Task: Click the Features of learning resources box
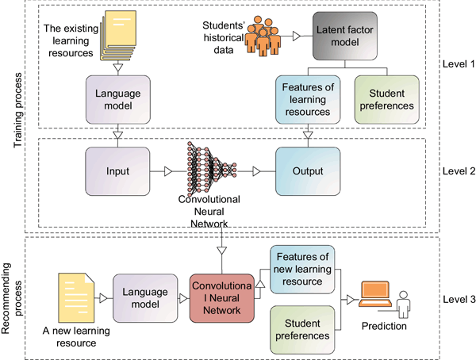pyautogui.click(x=305, y=100)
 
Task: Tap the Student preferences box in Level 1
pyautogui.click(x=385, y=100)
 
